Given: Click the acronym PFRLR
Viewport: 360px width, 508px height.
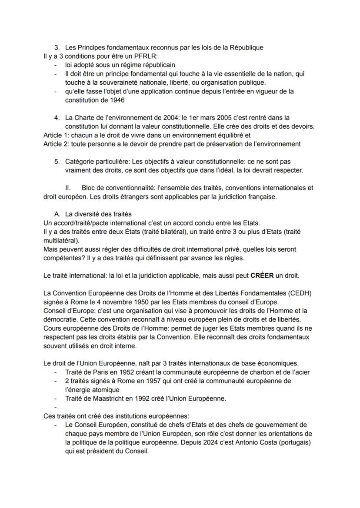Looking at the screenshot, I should point(122,56).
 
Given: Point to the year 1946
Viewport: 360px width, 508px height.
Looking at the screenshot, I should point(116,100).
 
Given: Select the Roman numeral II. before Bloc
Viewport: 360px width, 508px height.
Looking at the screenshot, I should point(68,188).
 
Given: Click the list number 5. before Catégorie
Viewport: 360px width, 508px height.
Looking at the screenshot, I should point(57,161).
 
